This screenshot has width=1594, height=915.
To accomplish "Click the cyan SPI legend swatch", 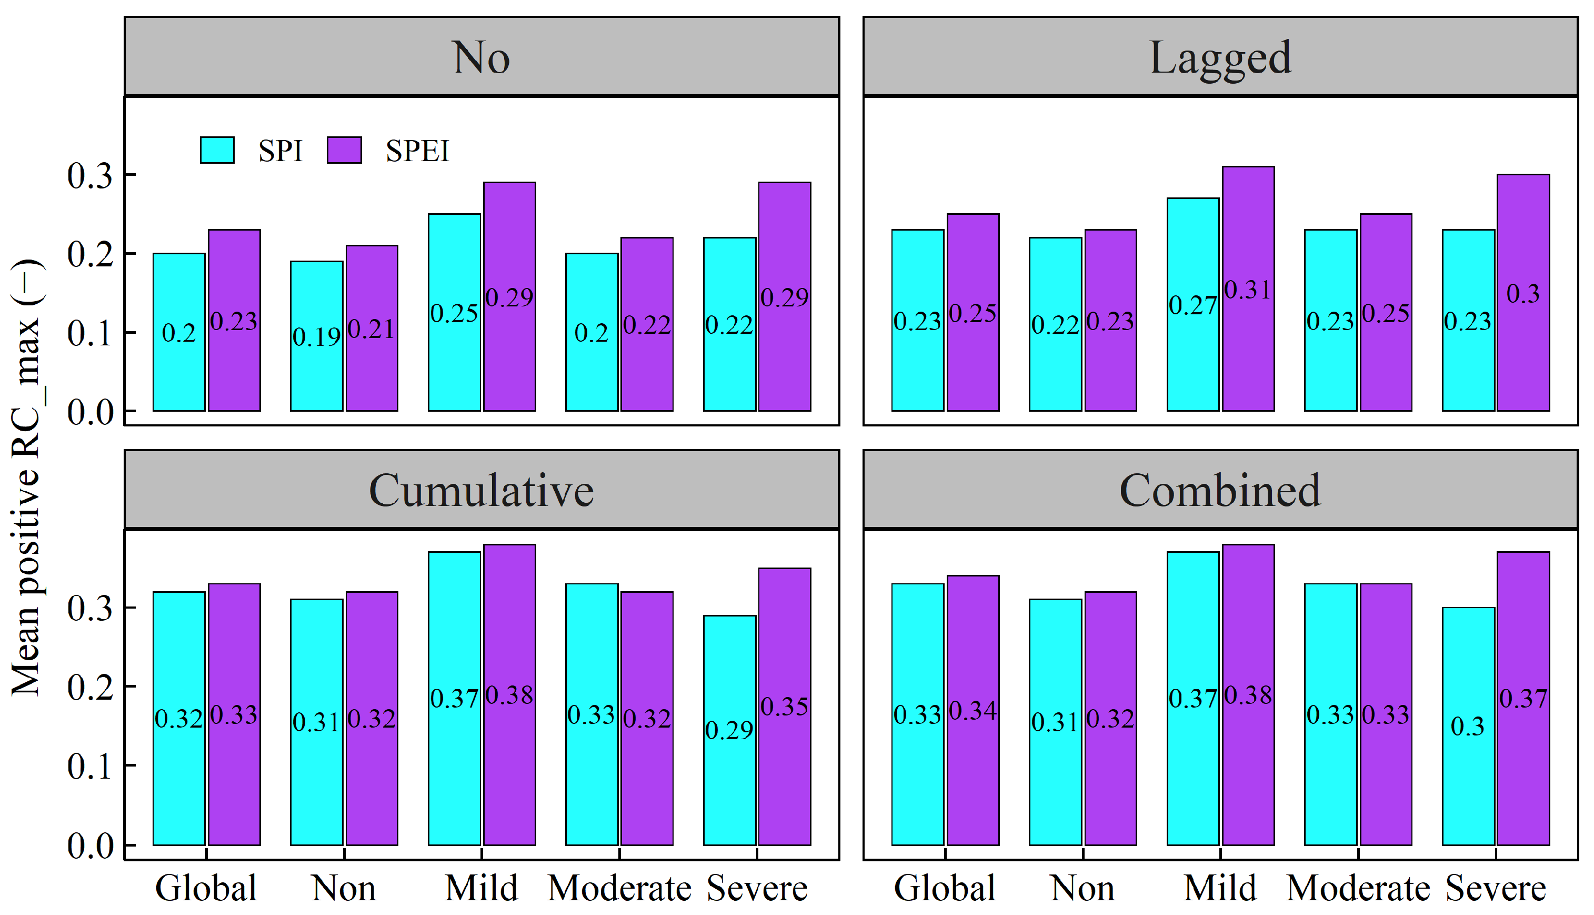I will pos(217,150).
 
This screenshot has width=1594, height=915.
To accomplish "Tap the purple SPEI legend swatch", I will pos(344,150).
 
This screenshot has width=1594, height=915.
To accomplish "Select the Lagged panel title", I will pos(1220,57).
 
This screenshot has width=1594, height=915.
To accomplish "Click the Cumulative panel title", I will pos(481,490).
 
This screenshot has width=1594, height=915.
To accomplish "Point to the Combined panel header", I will pos(1220,490).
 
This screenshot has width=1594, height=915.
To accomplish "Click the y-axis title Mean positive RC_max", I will pos(26,478).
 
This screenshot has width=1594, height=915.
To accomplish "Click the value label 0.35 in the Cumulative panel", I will pos(785,707).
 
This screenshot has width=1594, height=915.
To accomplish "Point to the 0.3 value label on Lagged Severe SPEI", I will pos(1523,293).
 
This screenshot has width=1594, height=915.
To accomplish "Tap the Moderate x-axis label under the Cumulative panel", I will pos(619,889).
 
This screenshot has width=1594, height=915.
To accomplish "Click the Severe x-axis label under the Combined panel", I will pos(1496,889).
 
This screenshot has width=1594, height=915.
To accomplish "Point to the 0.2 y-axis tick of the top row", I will pos(91,254).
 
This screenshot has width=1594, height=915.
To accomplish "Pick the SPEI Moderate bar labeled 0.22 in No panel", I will pos(647,377).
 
